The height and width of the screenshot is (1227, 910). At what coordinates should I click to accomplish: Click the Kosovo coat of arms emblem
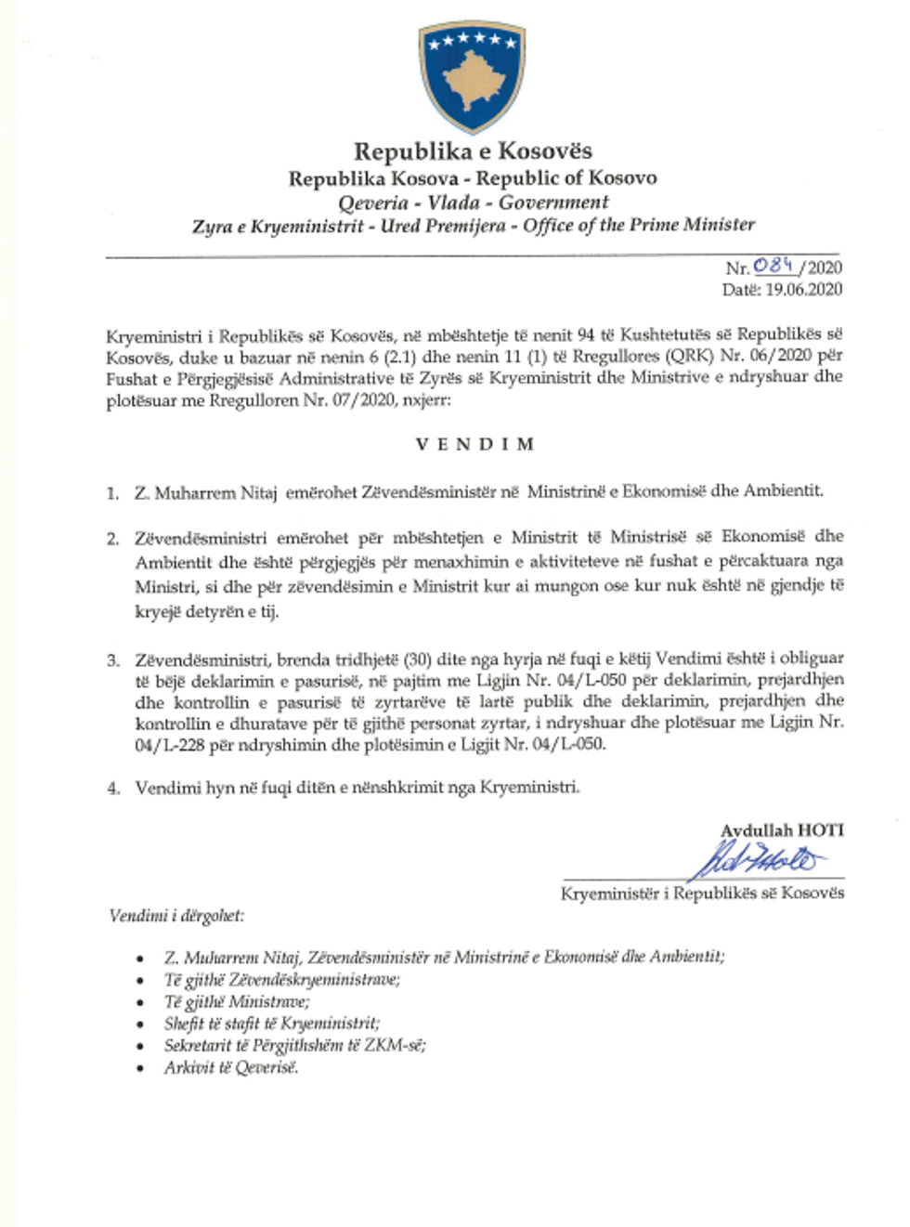pos(473,80)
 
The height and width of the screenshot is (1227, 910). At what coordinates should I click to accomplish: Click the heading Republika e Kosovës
pos(473,151)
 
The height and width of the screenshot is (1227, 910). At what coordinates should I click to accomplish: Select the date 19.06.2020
pos(803,290)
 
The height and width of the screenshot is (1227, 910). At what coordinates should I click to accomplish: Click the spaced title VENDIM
pos(474,444)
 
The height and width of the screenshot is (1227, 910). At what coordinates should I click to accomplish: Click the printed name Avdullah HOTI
pos(782,830)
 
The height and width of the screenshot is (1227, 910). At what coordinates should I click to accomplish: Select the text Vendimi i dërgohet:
pos(176,916)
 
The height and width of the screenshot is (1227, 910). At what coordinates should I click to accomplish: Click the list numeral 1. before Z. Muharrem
pos(112,493)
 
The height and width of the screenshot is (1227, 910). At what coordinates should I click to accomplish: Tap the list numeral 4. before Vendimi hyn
pos(113,789)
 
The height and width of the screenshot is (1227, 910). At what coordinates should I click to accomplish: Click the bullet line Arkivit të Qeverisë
pos(231,1067)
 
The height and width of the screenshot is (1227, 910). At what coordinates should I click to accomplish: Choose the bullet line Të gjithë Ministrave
pos(237,1001)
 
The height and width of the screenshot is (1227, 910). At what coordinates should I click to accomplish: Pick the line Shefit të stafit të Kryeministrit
pos(272,1024)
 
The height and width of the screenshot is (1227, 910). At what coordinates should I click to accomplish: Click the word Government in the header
pos(553,202)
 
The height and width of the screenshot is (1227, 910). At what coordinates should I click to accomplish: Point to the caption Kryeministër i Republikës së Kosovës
pos(702,893)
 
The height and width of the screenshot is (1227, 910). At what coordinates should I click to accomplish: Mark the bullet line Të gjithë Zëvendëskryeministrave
pos(282,979)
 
